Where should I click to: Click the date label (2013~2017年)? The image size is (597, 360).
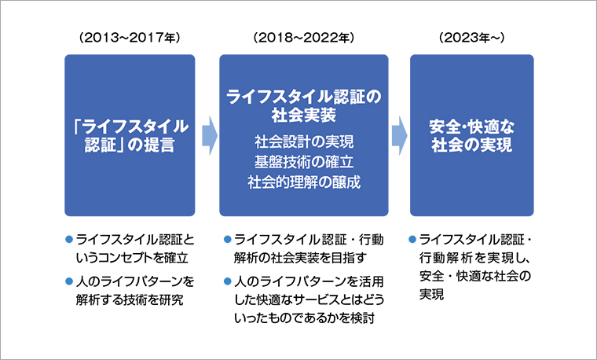click(130, 38)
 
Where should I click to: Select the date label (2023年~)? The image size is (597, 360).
click(471, 38)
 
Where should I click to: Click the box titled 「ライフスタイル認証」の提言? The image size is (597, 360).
click(130, 135)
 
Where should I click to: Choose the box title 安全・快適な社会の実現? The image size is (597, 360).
click(471, 135)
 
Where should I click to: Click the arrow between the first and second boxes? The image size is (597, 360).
click(207, 136)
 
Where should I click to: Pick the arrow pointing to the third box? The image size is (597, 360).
click(399, 136)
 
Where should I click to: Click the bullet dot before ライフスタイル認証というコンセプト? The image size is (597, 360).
click(69, 237)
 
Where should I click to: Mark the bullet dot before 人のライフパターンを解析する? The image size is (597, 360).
click(69, 280)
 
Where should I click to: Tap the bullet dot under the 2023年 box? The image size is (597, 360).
click(413, 237)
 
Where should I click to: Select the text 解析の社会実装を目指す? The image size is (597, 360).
click(301, 257)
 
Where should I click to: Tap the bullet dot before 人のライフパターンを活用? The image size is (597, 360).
click(225, 280)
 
